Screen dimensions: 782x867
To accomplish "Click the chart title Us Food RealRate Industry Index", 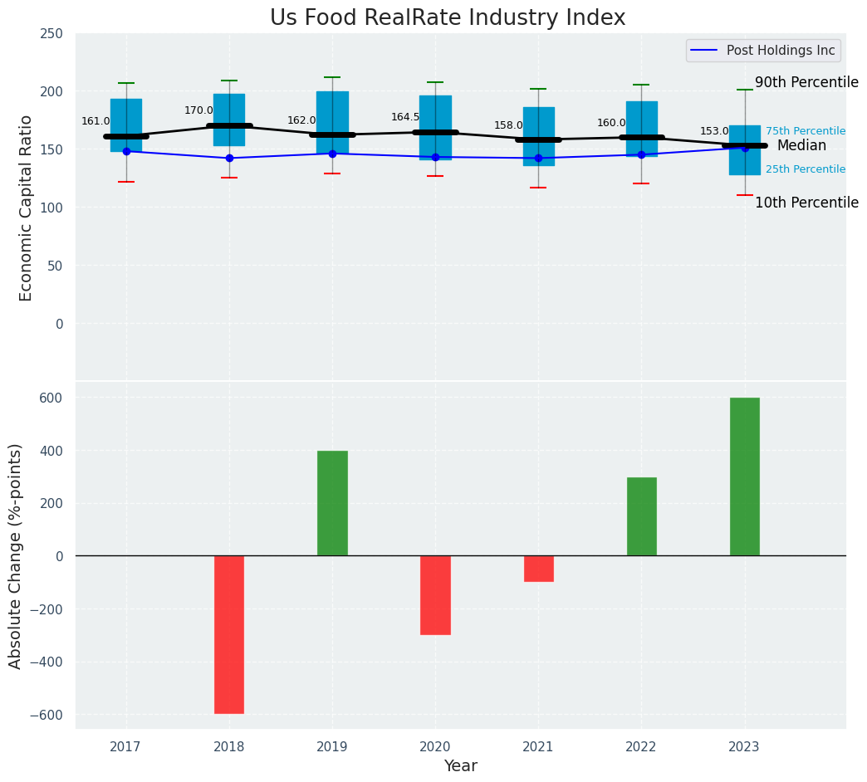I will click(448, 18).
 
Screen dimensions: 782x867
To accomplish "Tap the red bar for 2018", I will click(229, 634).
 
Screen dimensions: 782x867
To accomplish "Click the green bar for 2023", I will click(744, 477).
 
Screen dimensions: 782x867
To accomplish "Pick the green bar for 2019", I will click(332, 503).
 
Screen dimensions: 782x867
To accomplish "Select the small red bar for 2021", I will click(538, 569).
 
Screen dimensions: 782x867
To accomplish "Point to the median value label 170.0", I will click(198, 110).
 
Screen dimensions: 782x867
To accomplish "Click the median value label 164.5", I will click(405, 117).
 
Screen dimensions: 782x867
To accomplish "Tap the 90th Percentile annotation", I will click(806, 83).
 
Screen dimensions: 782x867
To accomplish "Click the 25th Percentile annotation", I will click(806, 169).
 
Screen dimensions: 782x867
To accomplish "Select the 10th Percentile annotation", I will click(806, 203).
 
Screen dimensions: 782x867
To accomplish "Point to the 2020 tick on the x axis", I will click(435, 747).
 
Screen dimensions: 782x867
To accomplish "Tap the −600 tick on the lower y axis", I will click(48, 716).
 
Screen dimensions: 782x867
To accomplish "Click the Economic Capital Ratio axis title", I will click(27, 208).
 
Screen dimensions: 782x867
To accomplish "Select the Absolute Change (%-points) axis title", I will click(16, 555).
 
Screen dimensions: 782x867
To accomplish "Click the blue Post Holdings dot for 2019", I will click(332, 154).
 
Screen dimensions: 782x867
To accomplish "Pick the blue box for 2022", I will click(641, 129).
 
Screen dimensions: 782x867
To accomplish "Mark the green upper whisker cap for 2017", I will click(126, 83).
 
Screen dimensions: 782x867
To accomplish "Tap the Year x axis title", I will click(460, 766).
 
